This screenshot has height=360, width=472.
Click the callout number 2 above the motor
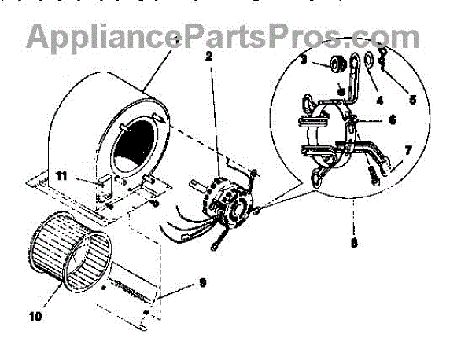pos(208,57)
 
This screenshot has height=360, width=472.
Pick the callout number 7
pos(407,149)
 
